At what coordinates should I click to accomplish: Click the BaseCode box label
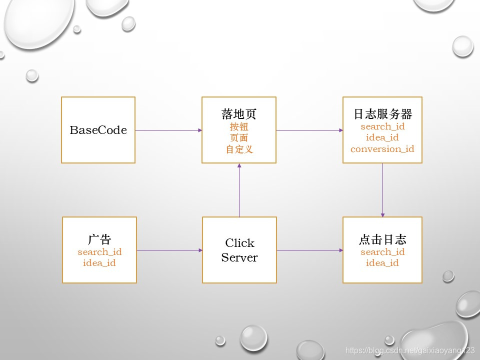point(98,130)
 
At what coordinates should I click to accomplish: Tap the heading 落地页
point(239,114)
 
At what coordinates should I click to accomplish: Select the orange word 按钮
point(239,126)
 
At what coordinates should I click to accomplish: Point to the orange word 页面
point(239,138)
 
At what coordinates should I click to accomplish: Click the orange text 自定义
point(239,149)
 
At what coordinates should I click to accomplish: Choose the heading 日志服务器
point(382,114)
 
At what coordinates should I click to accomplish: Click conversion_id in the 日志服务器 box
point(382,149)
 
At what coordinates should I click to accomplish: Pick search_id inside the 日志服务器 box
point(382,126)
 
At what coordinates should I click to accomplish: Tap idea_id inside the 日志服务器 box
point(382,137)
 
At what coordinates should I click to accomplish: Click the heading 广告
point(99,239)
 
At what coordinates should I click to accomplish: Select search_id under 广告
point(99,252)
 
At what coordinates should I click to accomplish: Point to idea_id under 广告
point(99,263)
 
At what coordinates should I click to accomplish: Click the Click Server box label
point(239,250)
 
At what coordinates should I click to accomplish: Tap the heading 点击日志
point(382,239)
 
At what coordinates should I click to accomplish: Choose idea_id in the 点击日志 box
point(382,263)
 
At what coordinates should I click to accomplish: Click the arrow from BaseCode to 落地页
point(168,130)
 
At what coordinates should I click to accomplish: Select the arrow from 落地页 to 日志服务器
point(309,130)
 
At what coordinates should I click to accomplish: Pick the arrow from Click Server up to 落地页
point(239,190)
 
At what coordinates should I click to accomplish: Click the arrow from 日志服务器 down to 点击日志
point(383,190)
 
